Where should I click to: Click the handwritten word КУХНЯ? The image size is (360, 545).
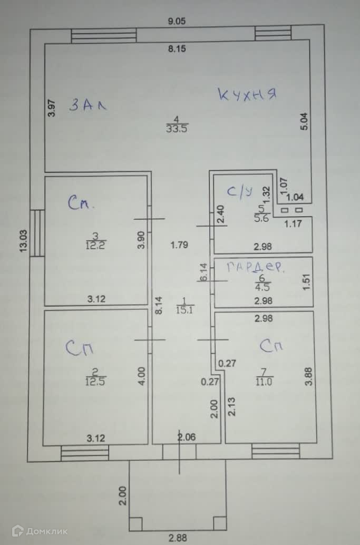[247, 95]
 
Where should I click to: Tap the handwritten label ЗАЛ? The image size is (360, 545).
[88, 105]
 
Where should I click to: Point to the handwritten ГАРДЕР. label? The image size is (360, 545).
[255, 267]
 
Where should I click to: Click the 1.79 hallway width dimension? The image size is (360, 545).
[179, 245]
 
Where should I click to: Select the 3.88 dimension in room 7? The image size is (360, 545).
[309, 378]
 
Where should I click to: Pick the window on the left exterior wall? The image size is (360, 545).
[37, 233]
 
